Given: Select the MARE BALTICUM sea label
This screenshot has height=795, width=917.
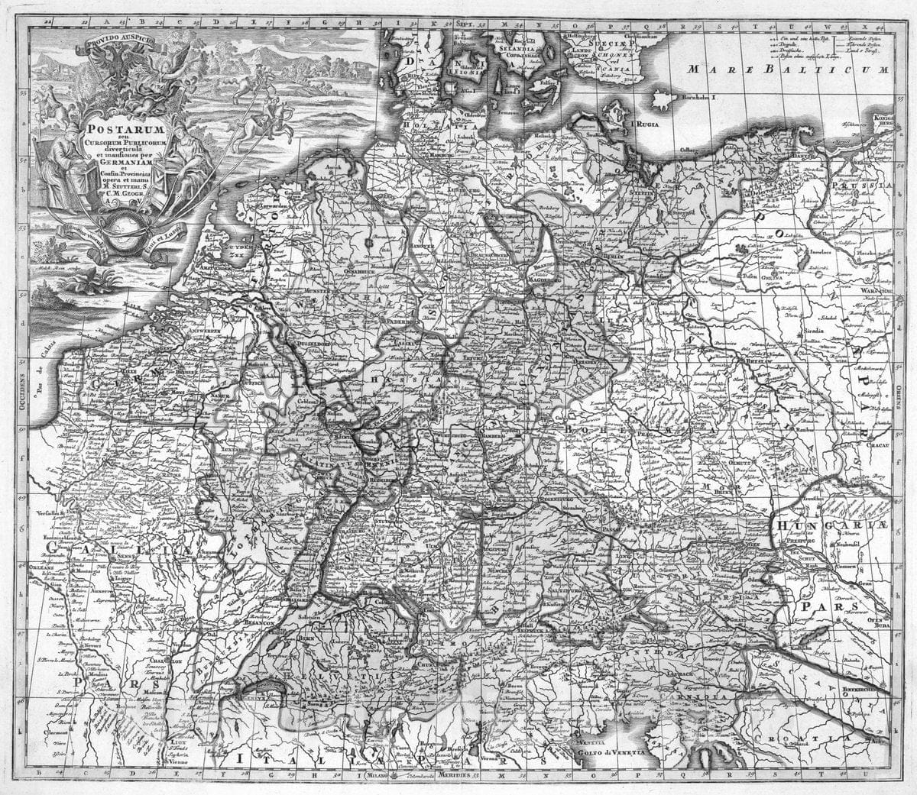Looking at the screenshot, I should [x=787, y=69].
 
